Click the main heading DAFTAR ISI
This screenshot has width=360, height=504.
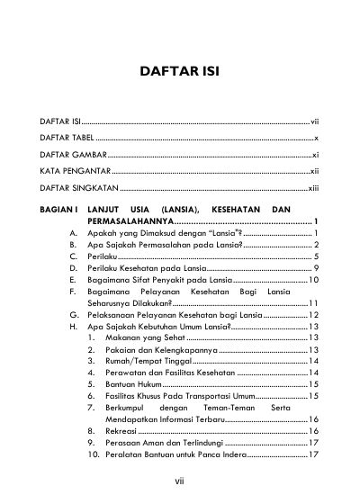tap(180, 71)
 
